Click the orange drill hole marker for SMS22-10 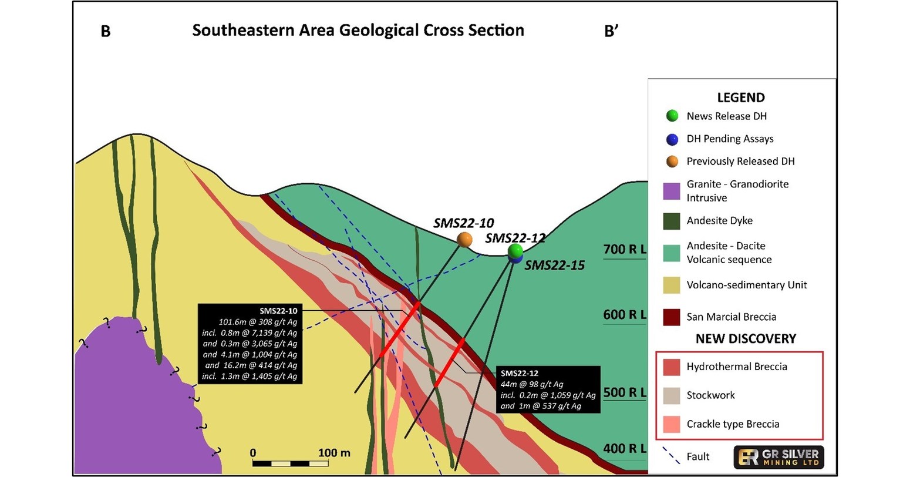click(464, 240)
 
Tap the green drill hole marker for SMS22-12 click(515, 251)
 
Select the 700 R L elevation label click(625, 250)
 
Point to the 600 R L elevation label click(625, 315)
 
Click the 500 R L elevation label click(625, 392)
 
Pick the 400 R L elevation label click(625, 449)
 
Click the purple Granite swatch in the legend click(672, 191)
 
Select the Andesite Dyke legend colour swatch click(672, 221)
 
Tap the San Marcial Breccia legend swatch click(672, 317)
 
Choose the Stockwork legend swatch click(672, 395)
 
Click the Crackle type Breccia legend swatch click(672, 424)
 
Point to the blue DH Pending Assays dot click(672, 139)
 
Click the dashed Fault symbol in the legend click(671, 456)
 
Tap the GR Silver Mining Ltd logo click(778, 457)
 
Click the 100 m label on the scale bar click(334, 453)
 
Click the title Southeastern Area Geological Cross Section click(358, 31)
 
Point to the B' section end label click(611, 31)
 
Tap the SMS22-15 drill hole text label click(554, 266)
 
